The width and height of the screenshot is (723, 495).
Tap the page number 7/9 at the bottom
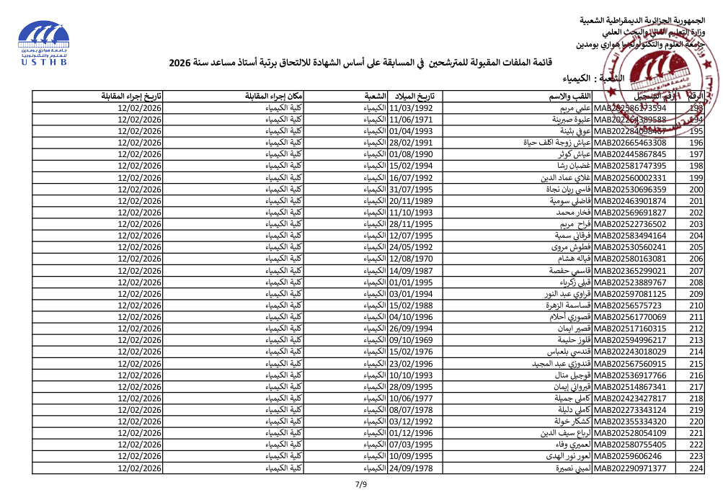coord(361,484)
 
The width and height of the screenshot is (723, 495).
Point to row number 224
coord(696,469)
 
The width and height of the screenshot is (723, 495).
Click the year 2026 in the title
coord(183,63)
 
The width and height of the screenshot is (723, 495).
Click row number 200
coord(696,189)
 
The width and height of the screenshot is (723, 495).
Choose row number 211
coord(696,317)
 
